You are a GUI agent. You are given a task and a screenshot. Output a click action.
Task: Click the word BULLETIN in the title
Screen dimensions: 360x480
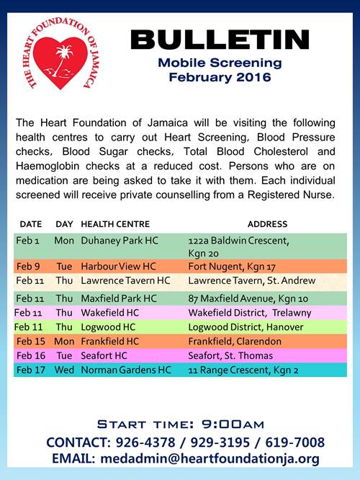pos(220,41)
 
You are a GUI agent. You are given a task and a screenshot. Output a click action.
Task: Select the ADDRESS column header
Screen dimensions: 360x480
pos(267,224)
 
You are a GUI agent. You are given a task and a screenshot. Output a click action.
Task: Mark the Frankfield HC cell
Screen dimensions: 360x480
pos(109,341)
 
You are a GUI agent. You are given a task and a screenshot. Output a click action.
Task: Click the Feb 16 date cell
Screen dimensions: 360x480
pos(30,355)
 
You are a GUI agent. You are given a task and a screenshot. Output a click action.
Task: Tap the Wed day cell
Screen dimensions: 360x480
pos(64,370)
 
